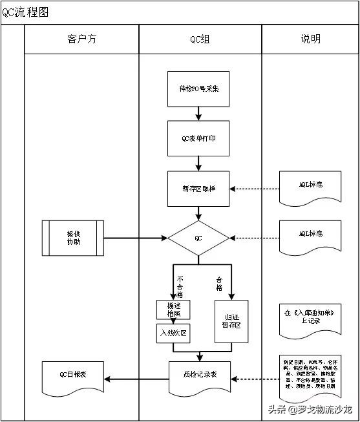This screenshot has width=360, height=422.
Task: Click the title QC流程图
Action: click(x=25, y=12)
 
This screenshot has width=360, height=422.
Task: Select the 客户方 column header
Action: click(x=81, y=39)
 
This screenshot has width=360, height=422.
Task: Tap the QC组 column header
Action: click(x=200, y=39)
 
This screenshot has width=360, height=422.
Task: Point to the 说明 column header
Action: click(x=310, y=39)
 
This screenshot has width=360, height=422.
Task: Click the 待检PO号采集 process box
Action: click(x=198, y=89)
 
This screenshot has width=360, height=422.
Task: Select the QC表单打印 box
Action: click(x=198, y=138)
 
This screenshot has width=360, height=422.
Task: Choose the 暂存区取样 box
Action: click(x=198, y=188)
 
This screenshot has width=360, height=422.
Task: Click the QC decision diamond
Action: click(x=198, y=238)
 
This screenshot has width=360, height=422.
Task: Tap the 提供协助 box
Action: click(x=73, y=238)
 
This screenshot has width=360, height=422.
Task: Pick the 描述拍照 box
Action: click(x=173, y=309)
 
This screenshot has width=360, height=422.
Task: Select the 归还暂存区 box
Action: click(x=231, y=321)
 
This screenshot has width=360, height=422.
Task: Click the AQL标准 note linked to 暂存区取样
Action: click(x=310, y=187)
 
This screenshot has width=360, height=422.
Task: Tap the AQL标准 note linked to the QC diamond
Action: click(x=310, y=237)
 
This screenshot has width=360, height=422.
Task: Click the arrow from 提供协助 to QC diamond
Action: click(x=136, y=238)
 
